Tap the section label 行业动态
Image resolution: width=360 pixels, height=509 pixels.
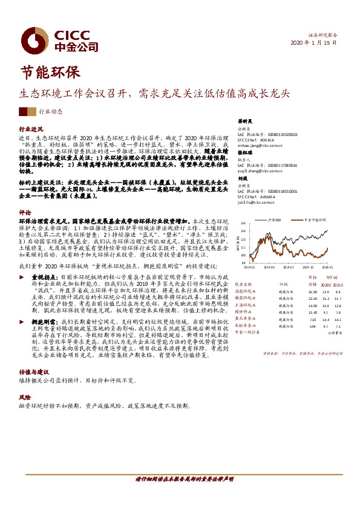coord(50,112)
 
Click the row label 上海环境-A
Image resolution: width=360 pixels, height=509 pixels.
coord(246,305)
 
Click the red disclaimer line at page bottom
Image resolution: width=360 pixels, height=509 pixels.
coord(180,478)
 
